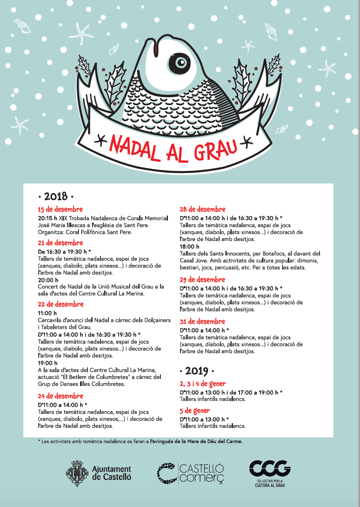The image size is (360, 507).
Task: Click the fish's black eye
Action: (181, 63)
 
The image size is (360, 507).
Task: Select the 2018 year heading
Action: (55, 196)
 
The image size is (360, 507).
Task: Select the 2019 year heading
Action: (197, 371)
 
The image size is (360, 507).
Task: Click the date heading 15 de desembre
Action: (60, 209)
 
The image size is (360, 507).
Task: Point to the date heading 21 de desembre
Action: (60, 243)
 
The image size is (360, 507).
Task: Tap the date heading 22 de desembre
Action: (60, 304)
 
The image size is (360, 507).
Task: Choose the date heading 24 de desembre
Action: (60, 396)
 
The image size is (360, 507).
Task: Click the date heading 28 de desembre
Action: (202, 209)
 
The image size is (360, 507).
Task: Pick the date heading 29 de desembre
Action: (202, 280)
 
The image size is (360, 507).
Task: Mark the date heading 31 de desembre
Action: (202, 321)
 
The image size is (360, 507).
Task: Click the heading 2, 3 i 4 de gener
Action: (202, 384)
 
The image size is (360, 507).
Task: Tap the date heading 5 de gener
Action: (195, 411)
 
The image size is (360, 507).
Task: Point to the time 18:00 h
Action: (189, 247)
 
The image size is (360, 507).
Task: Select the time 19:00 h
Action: (47, 363)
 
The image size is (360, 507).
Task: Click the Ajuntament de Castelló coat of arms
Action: (77, 472)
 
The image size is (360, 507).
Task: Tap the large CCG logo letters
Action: (270, 469)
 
